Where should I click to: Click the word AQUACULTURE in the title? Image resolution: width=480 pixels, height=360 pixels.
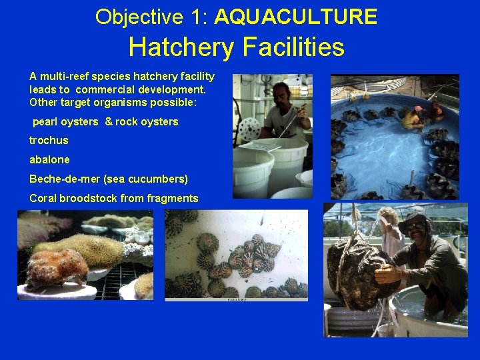296,17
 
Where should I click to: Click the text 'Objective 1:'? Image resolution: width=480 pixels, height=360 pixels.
151,17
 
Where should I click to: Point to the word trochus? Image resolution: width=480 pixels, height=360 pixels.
49,141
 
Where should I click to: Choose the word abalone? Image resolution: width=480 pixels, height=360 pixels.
49,160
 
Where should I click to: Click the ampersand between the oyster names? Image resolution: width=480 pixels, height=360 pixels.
108,121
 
